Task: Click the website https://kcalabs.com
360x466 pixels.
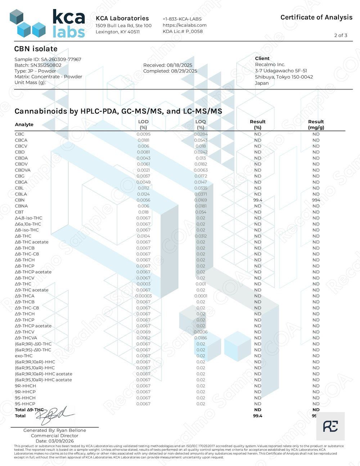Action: click(184, 25)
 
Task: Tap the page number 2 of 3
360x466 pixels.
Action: click(341, 35)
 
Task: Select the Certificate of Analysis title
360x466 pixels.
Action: click(316, 17)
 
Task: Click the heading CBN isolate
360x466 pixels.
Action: click(36, 49)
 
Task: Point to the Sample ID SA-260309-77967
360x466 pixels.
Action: click(48, 59)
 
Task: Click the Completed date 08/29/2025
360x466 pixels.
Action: click(170, 71)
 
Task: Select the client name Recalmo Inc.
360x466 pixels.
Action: click(270, 64)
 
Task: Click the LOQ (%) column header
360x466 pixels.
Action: click(201, 124)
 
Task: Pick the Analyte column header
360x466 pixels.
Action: click(24, 125)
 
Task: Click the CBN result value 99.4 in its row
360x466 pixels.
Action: click(257, 200)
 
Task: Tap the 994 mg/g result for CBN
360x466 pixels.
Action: click(316, 200)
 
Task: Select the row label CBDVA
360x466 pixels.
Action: click(23, 170)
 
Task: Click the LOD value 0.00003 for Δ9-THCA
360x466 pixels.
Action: click(143, 296)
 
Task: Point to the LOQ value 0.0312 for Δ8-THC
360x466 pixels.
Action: click(201, 236)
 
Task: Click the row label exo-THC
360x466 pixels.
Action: click(24, 356)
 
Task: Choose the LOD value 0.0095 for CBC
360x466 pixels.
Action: click(143, 134)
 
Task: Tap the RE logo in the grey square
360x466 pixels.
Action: click(330, 426)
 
